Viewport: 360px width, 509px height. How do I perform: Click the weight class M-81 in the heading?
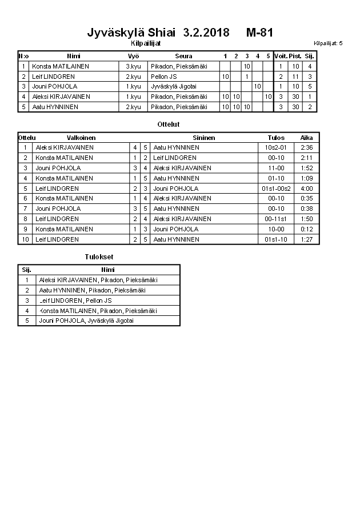pyautogui.click(x=260, y=33)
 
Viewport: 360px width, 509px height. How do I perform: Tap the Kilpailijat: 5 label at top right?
pyautogui.click(x=328, y=43)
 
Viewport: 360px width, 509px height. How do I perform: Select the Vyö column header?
pyautogui.click(x=133, y=56)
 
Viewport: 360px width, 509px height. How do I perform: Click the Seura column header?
pyautogui.click(x=184, y=56)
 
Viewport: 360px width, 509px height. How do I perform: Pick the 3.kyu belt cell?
pyautogui.click(x=133, y=66)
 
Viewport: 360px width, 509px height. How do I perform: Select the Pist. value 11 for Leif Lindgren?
pyautogui.click(x=295, y=77)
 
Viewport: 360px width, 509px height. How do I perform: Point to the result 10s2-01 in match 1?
pyautogui.click(x=276, y=147)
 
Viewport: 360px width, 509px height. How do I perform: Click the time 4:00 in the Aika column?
pyautogui.click(x=307, y=189)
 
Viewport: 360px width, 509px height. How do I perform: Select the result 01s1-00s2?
pyautogui.click(x=276, y=189)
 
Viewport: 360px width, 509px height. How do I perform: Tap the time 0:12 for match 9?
pyautogui.click(x=307, y=229)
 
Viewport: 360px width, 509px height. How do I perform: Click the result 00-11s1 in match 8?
pyautogui.click(x=276, y=219)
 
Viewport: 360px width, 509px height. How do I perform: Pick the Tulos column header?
pyautogui.click(x=276, y=138)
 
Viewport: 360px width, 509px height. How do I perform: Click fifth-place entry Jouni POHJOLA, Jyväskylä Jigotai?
pyautogui.click(x=86, y=321)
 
